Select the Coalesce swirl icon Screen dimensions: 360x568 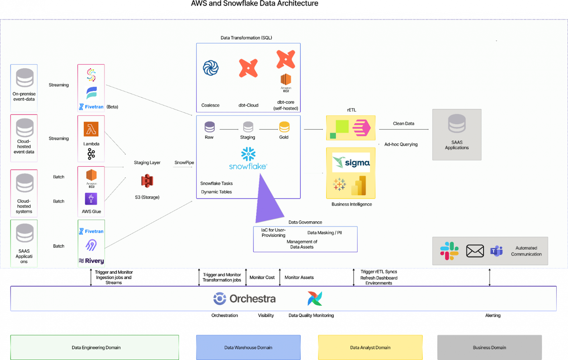click(210, 68)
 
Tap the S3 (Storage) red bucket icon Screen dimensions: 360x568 click(147, 181)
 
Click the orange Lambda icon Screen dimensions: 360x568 click(91, 129)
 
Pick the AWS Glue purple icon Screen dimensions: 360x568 click(91, 199)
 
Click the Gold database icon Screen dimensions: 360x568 click(284, 127)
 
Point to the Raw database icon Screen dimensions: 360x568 click(209, 127)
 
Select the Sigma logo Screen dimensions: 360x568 click(351, 163)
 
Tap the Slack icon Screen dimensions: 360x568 click(449, 251)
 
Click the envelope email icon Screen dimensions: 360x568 click(475, 251)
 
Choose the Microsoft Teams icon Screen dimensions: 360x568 click(496, 251)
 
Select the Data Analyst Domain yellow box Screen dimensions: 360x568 click(370, 348)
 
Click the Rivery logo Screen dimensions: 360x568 click(91, 261)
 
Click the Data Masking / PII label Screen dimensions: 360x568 click(324, 233)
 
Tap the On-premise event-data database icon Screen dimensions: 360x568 click(24, 78)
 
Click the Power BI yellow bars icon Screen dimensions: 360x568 click(359, 186)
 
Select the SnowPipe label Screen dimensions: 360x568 click(184, 163)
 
